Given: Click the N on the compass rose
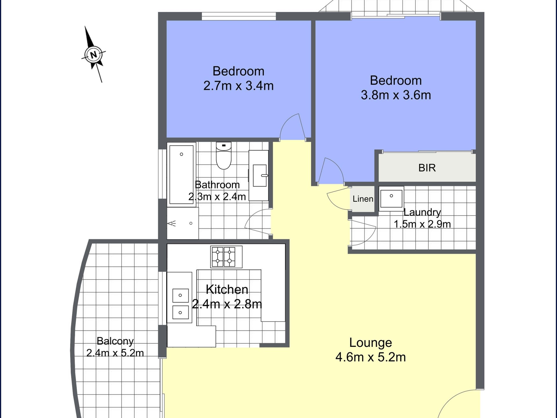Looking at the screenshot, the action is click(93, 55).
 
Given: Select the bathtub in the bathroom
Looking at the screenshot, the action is click(181, 174).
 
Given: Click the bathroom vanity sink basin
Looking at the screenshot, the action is click(260, 175).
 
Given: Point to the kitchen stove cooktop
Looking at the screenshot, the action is click(226, 257).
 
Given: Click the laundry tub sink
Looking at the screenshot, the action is click(391, 199).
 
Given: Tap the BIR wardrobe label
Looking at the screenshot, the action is click(427, 168).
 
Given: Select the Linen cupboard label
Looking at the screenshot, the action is click(363, 199).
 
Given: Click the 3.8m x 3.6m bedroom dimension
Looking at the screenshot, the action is click(396, 95).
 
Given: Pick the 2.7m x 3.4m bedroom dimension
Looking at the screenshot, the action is click(238, 86).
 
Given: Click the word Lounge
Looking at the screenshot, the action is click(370, 343).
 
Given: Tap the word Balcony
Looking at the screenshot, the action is click(115, 341).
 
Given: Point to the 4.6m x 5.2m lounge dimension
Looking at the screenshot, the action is click(370, 357).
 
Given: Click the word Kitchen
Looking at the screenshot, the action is click(227, 289).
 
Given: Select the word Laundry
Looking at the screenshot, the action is click(422, 212).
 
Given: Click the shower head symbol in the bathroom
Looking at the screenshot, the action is click(172, 224).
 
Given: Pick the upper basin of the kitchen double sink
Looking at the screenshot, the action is click(180, 296).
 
